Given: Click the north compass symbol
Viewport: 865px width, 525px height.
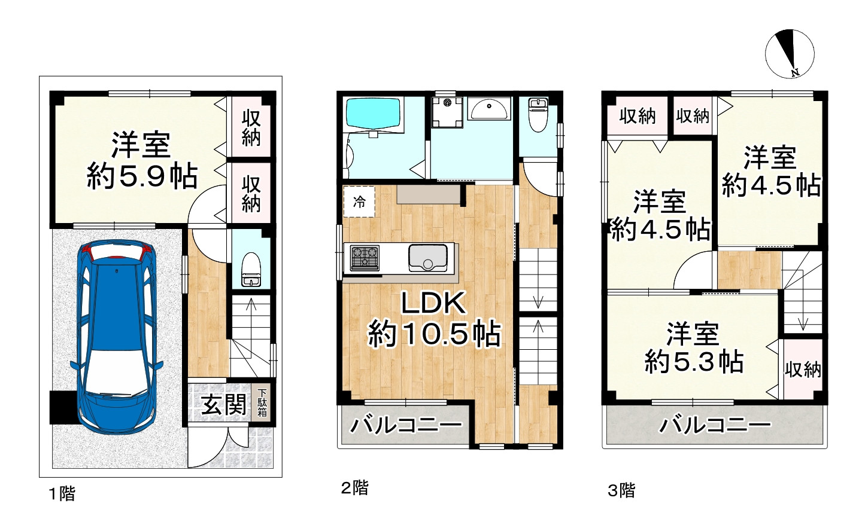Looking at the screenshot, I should coord(790,54).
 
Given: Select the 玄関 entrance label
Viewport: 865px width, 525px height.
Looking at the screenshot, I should coord(223,405).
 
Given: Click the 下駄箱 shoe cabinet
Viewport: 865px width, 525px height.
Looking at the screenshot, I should coord(263,403).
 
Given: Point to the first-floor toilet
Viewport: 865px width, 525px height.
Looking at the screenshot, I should coord(251,269).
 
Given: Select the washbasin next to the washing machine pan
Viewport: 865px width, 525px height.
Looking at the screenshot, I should coord(489,108).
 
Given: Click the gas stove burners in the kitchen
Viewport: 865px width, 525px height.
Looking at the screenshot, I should coord(365,258).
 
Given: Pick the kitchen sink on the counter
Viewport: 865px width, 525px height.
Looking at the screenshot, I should coord(427,258).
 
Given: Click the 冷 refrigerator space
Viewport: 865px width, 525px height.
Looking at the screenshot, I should coord(359,202).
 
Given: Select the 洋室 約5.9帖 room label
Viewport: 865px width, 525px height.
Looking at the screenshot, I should coord(142,160).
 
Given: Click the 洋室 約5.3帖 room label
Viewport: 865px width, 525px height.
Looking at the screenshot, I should coord(694,347).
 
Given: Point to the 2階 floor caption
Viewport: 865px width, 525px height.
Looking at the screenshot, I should coord(354,488).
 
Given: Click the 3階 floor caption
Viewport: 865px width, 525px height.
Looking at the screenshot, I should coord(621,491).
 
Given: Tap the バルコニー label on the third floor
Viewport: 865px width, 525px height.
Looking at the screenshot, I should coord(715,426).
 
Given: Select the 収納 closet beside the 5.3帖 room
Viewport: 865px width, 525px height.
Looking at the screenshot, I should coord(803,369).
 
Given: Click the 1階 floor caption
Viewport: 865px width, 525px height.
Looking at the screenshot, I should coord(62,494).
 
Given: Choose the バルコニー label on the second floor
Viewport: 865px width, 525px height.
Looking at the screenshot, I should coord(405,426).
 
